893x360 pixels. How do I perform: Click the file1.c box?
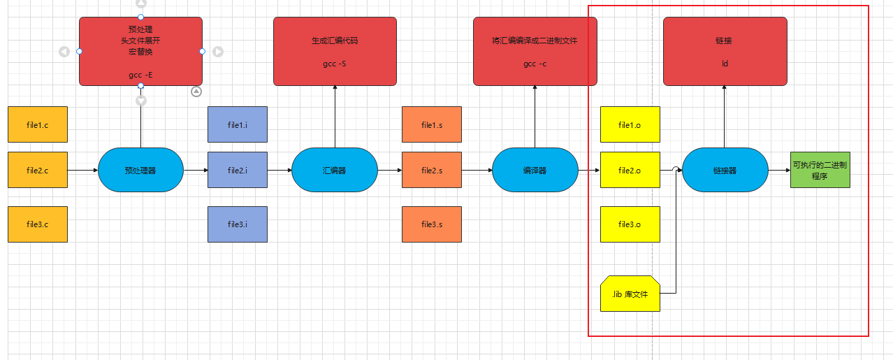point(38,125)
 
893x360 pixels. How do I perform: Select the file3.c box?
point(38,224)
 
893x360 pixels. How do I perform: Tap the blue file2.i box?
point(238,170)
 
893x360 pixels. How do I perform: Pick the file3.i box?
point(238,224)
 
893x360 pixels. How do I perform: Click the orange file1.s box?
point(432,125)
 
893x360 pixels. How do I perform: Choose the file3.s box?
point(432,224)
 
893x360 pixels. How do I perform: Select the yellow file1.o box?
point(630,125)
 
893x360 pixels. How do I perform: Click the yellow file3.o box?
point(630,224)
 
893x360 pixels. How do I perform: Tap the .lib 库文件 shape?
point(630,294)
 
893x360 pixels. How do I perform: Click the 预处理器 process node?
point(140,170)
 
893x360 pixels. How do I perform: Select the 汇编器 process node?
point(334,170)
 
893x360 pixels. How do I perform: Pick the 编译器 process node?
point(535,170)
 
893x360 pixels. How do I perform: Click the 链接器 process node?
point(725,170)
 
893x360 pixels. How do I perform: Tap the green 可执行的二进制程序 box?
point(820,170)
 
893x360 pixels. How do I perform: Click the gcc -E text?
point(140,74)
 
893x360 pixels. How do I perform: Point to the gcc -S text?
point(334,64)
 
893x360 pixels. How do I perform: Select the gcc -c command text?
point(535,64)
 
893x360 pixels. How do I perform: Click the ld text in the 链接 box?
point(725,64)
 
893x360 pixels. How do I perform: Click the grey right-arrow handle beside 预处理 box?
point(217,51)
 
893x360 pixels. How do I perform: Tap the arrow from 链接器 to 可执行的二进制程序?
point(779,170)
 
